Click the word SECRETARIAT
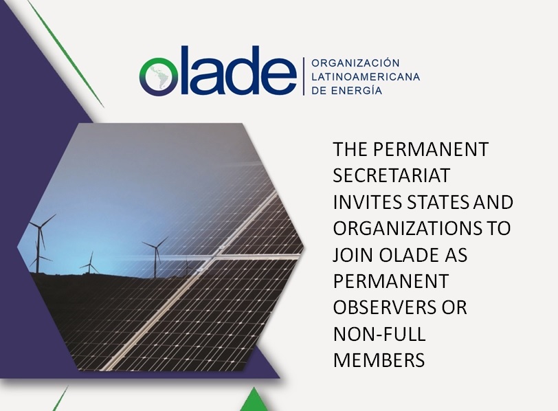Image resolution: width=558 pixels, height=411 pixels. (392, 175)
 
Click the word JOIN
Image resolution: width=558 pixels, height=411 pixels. (353, 255)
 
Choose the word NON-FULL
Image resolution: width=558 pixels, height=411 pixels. (379, 334)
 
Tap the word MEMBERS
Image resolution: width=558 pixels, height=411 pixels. (379, 360)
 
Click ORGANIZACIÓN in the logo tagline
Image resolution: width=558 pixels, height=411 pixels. (355, 63)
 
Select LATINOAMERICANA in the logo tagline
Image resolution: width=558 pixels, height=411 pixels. (366, 77)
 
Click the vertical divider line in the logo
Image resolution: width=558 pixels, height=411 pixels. (304, 76)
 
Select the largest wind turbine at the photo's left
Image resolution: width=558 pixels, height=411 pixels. (40, 243)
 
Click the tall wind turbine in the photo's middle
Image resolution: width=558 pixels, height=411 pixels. (155, 256)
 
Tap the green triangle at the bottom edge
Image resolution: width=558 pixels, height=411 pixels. (254, 399)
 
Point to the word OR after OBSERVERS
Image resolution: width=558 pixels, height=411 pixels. (454, 307)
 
